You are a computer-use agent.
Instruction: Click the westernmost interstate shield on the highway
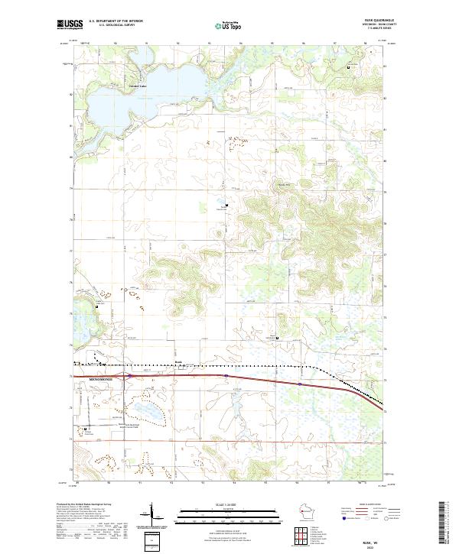(130, 375)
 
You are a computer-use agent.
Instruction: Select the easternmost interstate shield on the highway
(300, 384)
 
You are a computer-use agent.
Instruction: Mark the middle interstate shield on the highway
(226, 376)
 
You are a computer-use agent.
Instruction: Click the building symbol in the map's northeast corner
(350, 69)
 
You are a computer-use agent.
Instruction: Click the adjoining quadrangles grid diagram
(300, 534)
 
